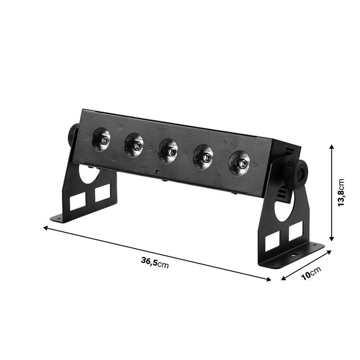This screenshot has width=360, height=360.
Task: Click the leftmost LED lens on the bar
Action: click(101, 139)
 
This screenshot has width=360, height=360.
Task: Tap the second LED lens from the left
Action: click(134, 145)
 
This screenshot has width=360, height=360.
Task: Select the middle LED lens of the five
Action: click(168, 151)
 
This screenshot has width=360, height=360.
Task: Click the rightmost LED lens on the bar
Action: click(239, 162)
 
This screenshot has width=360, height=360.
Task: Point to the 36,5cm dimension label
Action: click(154, 263)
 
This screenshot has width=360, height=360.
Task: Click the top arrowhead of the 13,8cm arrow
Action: click(331, 147)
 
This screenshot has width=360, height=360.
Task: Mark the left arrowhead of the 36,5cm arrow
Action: click(45, 228)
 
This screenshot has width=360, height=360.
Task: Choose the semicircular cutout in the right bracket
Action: click(284, 207)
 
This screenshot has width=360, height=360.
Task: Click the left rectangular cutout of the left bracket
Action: click(77, 202)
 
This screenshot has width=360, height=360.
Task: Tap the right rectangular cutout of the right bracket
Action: click(295, 232)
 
